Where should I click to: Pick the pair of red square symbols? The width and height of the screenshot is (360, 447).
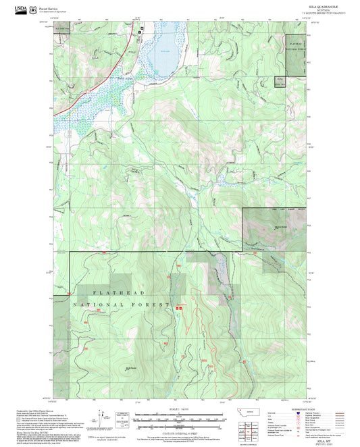point(180,308)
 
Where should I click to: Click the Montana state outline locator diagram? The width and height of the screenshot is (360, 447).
point(254,412)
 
